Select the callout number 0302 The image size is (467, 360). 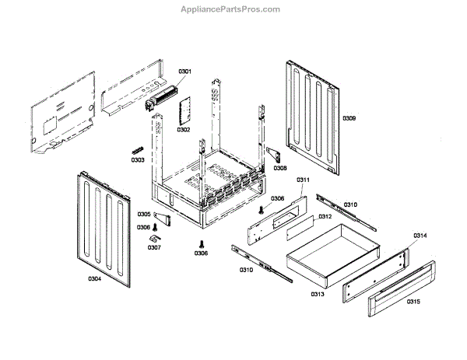pyautogui.click(x=183, y=129)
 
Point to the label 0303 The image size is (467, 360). pyautogui.click(x=137, y=160)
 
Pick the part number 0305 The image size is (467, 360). pyautogui.click(x=144, y=214)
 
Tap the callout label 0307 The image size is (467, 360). pyautogui.click(x=154, y=247)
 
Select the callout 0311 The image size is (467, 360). pyautogui.click(x=303, y=180)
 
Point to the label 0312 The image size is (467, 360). pyautogui.click(x=325, y=216)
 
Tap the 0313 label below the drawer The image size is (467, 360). pyautogui.click(x=317, y=294)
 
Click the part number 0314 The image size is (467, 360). pyautogui.click(x=420, y=235)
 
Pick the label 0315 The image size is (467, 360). pyautogui.click(x=413, y=301)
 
